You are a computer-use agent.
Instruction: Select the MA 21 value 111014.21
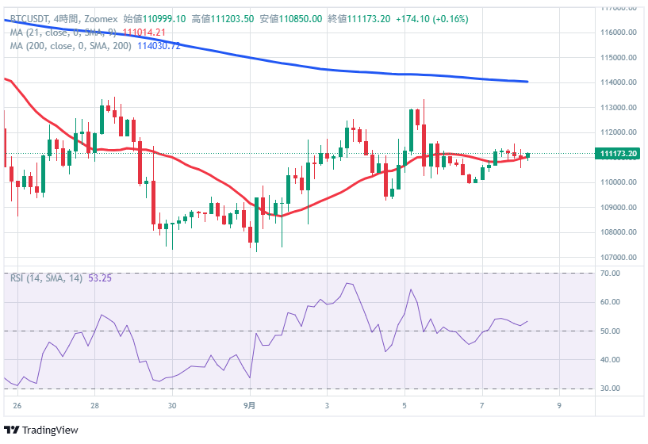(x=144, y=33)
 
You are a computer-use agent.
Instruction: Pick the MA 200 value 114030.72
(x=159, y=46)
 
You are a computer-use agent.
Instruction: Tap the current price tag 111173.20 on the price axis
(x=620, y=154)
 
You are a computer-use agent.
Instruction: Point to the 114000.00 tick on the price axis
(x=619, y=82)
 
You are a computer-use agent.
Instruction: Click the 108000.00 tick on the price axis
(x=619, y=232)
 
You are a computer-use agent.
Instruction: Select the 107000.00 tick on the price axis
(x=619, y=258)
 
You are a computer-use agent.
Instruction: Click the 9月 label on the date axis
(x=249, y=404)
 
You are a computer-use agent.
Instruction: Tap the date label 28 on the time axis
(x=94, y=404)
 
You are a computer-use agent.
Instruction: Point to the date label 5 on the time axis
(x=405, y=404)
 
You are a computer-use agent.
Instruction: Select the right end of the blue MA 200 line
(x=528, y=82)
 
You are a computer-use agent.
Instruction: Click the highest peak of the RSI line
(x=347, y=283)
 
